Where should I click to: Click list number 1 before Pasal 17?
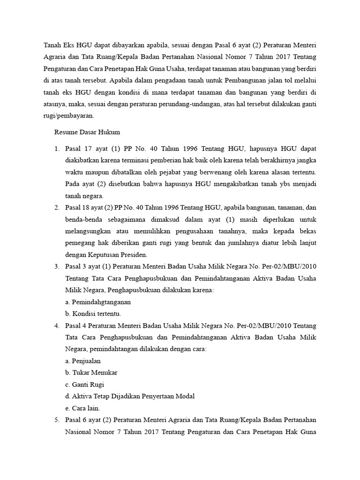tap(56, 149)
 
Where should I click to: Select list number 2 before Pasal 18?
tap(56, 208)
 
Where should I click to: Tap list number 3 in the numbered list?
tap(56, 267)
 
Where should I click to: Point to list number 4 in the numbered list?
tap(56, 326)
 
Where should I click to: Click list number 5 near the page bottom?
tap(56, 420)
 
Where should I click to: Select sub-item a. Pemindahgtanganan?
tap(98, 302)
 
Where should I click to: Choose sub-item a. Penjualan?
tap(83, 361)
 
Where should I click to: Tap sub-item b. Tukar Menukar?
tap(91, 373)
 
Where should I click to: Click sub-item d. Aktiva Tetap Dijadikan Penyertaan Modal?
tap(130, 396)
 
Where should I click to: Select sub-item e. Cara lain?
tap(82, 408)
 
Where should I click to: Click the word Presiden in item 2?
tap(135, 255)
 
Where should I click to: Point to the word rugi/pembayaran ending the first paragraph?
tap(68, 115)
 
